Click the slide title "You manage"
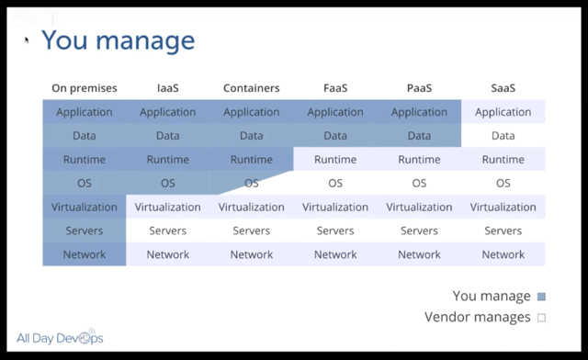(118, 40)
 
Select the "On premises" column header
(85, 88)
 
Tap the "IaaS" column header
(167, 88)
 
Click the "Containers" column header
(251, 88)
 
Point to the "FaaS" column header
(335, 88)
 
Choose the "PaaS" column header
(419, 88)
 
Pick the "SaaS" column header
(503, 88)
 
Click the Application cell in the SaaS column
(503, 112)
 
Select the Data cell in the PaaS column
(419, 136)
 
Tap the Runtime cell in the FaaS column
(335, 160)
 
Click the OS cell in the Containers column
(251, 183)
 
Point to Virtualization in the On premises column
(85, 207)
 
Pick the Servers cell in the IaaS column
(167, 231)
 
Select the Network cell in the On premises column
(85, 254)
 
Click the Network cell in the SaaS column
(503, 254)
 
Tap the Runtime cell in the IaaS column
(167, 160)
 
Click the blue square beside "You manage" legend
(541, 297)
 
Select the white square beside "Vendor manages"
(541, 318)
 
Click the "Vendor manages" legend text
(477, 318)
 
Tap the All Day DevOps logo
(60, 338)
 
